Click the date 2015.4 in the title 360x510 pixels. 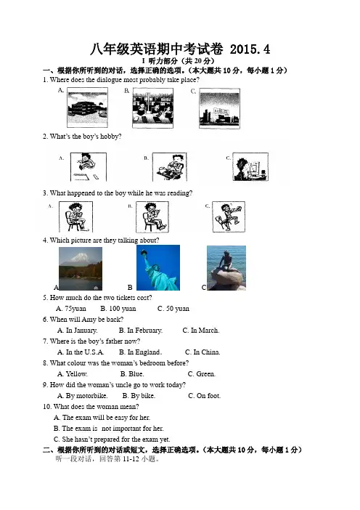[250, 49]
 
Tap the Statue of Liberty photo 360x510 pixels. [158, 267]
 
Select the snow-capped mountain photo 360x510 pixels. [81, 269]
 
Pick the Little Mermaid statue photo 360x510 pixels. [226, 268]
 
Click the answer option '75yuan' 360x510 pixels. [75, 309]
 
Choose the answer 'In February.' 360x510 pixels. [145, 331]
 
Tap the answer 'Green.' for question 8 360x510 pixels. [205, 374]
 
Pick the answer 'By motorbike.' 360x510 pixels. [87, 396]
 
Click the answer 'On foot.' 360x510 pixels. [208, 396]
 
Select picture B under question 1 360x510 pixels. [152, 108]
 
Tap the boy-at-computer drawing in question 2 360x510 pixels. [250, 167]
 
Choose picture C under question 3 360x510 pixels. [229, 217]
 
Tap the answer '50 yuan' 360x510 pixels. [178, 309]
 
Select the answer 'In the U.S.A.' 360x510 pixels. [85, 352]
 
